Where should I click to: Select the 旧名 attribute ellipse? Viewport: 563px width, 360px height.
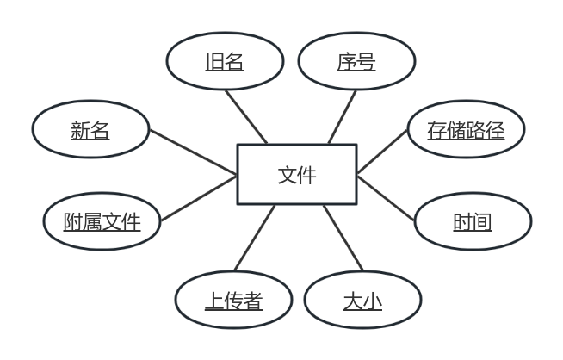224,62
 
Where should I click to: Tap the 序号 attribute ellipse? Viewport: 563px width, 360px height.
356,62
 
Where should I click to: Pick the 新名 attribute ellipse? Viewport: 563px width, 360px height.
90,131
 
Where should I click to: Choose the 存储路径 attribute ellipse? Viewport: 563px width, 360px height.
466,131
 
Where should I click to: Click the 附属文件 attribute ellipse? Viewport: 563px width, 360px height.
102,222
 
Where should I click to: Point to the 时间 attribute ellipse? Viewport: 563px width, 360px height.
473,222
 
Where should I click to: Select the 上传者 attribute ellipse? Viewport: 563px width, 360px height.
233,301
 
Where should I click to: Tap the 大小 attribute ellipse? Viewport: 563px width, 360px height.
362,301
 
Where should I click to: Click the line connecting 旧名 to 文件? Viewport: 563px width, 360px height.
246,116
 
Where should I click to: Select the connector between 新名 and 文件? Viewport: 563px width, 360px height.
194,154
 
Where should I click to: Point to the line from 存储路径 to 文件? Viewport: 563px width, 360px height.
381,152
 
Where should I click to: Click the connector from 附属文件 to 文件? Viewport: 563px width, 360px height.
198,198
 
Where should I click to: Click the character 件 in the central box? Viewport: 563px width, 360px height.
306,175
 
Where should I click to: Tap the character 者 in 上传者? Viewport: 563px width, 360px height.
252,301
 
